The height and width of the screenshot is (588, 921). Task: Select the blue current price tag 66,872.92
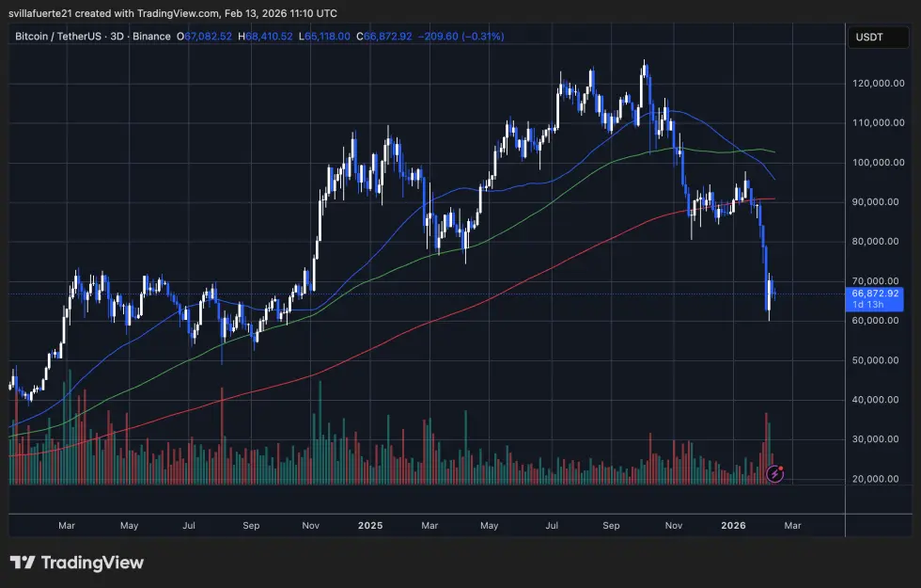coord(875,293)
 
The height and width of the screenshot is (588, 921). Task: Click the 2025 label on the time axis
coord(369,526)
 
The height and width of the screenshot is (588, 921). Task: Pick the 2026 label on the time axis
coord(734,526)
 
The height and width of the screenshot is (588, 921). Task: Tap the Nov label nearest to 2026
coord(673,526)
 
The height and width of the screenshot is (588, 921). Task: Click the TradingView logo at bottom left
coord(77,563)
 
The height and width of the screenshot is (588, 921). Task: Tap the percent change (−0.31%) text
coord(479,37)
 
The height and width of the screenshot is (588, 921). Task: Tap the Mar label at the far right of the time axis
coord(792,526)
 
